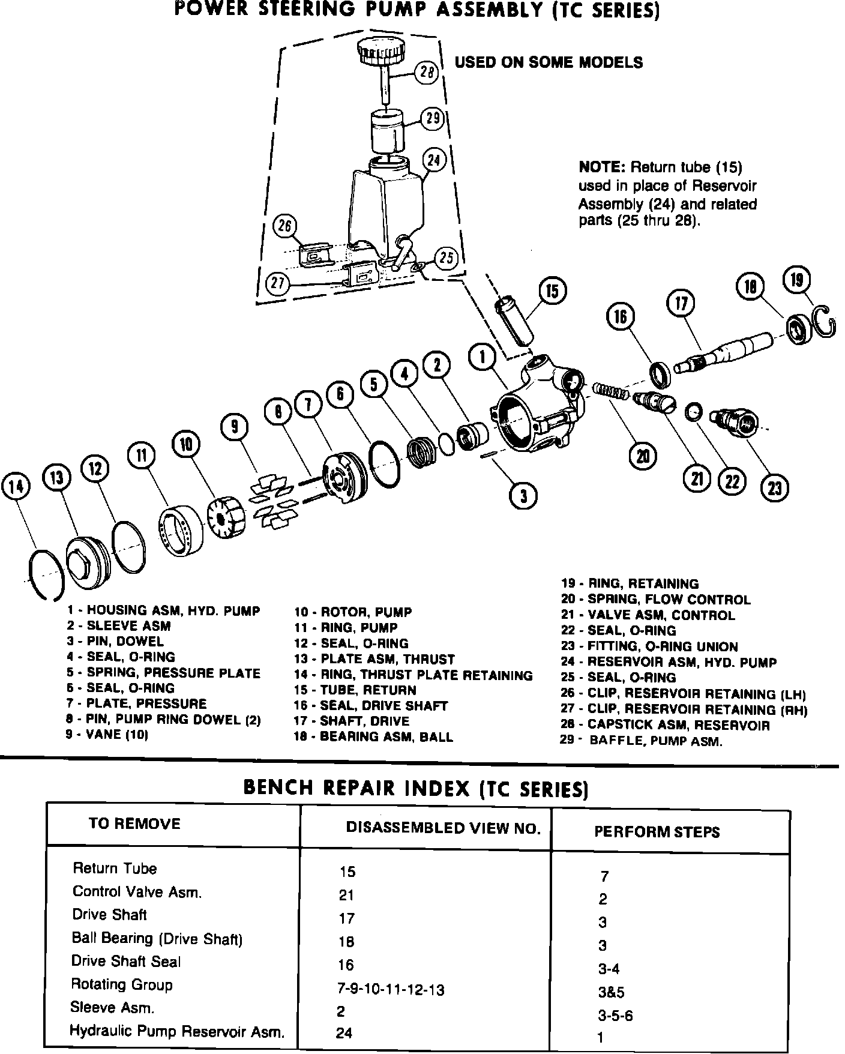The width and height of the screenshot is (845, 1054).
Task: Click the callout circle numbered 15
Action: [552, 292]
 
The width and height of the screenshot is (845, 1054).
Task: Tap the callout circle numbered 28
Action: [427, 73]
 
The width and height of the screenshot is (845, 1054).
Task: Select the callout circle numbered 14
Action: [17, 486]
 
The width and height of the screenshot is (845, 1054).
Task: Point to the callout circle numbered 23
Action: [774, 487]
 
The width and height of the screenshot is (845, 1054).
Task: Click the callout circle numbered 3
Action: [523, 496]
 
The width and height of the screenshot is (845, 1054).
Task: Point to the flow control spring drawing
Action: [611, 391]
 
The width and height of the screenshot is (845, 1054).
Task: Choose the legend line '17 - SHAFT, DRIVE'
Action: [352, 721]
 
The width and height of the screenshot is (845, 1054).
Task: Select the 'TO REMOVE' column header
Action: [134, 823]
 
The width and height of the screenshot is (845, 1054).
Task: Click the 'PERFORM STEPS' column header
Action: [657, 832]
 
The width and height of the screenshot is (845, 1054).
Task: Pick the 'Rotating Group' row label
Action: [122, 984]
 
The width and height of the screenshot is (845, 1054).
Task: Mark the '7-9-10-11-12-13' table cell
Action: [391, 989]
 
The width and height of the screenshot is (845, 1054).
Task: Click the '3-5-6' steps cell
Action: [615, 1016]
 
